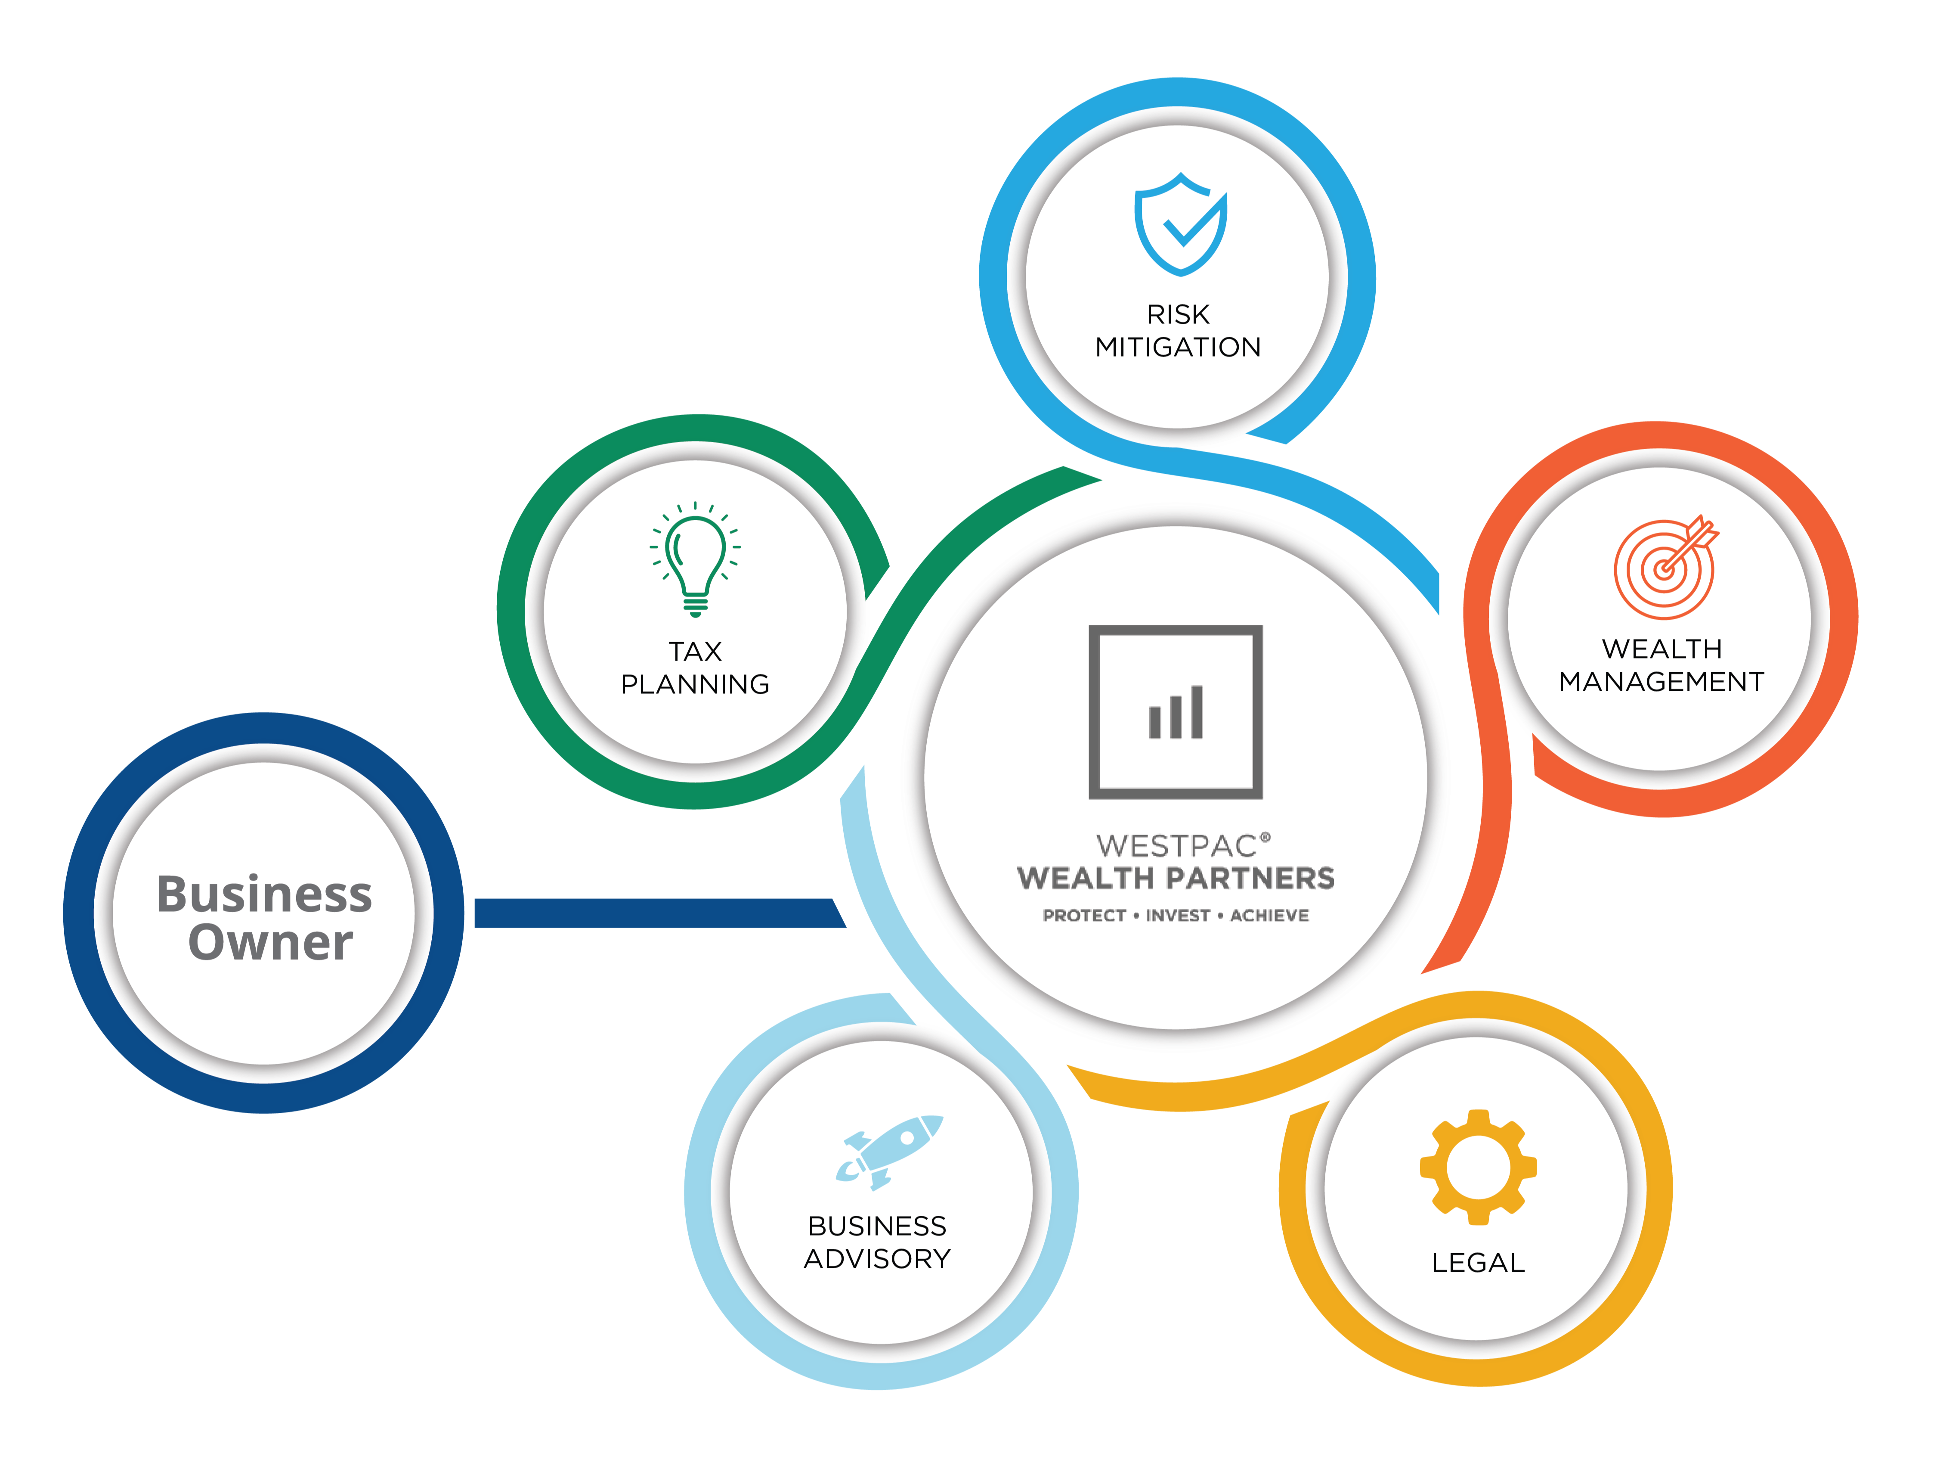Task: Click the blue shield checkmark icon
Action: [1180, 225]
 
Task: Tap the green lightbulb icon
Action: [695, 559]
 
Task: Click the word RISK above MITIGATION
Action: [1178, 314]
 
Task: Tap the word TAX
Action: [695, 652]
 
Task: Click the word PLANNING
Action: [695, 684]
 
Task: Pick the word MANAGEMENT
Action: [1662, 681]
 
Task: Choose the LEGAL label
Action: [1478, 1263]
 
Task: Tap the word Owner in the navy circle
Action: [270, 942]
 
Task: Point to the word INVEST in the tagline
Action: [1178, 916]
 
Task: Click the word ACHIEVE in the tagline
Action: [1269, 916]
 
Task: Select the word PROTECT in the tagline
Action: [1084, 916]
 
